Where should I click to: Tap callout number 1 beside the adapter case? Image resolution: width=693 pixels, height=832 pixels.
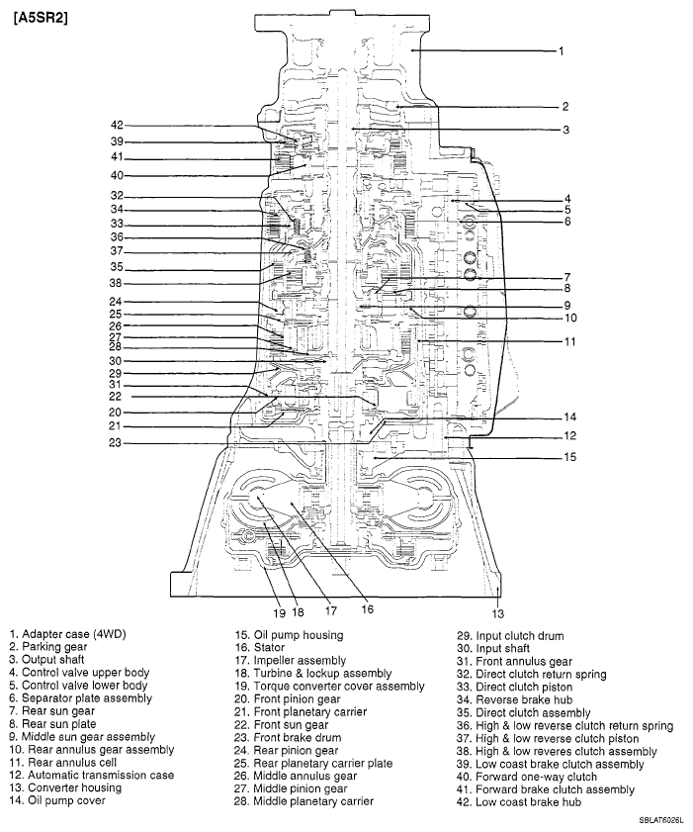(561, 50)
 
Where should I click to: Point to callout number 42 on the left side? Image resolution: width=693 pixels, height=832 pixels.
(117, 126)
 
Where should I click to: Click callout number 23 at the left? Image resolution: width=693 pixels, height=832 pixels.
(116, 443)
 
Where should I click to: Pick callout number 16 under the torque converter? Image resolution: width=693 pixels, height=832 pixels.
(367, 609)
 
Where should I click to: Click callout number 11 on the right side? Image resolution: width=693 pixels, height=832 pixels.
(569, 342)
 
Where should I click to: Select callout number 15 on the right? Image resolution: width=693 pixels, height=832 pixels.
(569, 457)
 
